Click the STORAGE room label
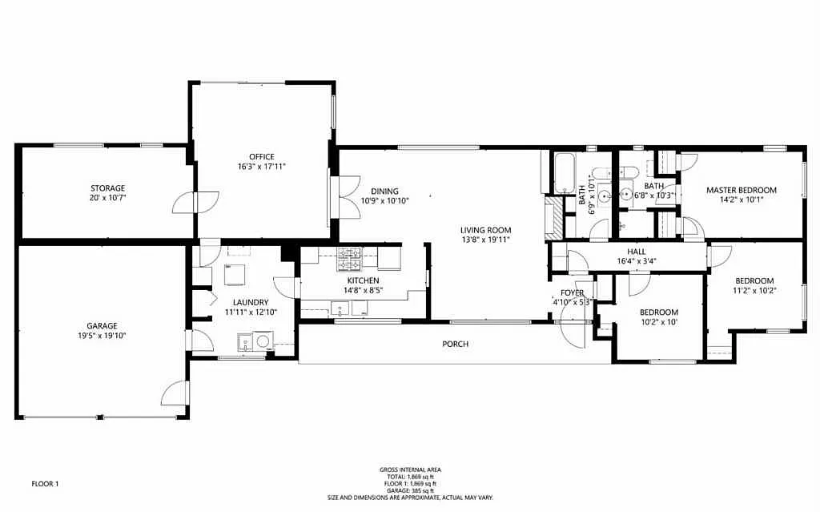tap(107, 188)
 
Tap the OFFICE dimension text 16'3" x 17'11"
tap(262, 167)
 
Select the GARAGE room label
tap(102, 325)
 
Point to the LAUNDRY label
tap(251, 302)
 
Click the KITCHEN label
tap(363, 280)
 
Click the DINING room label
tap(373, 191)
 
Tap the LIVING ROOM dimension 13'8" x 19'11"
tap(485, 240)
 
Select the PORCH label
tap(455, 344)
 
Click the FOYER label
tap(572, 292)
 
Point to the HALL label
tap(637, 251)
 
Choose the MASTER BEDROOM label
tap(741, 190)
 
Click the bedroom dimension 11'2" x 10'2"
tap(754, 291)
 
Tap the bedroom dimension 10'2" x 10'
tap(658, 322)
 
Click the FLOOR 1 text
tap(45, 483)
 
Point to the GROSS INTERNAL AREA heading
tap(410, 470)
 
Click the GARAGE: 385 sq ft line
tap(410, 490)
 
